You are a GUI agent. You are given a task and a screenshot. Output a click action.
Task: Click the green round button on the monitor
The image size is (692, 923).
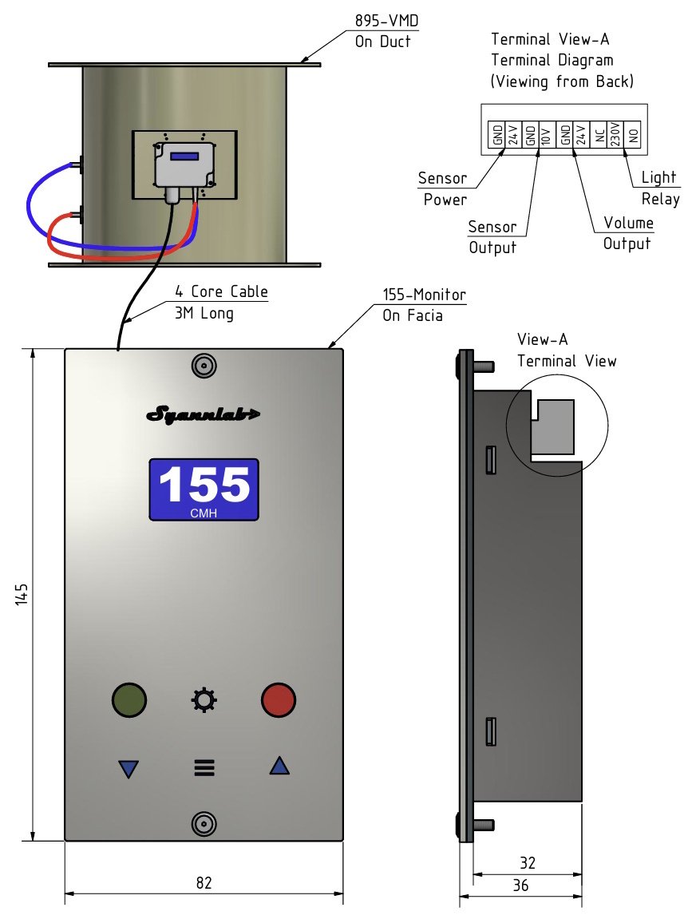129,699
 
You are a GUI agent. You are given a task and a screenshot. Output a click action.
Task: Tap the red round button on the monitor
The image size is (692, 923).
279,699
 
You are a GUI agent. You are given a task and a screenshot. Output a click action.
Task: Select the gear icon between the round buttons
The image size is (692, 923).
204,700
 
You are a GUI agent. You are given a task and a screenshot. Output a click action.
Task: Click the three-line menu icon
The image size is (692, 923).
204,768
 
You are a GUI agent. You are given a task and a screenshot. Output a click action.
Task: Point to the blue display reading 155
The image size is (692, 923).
204,489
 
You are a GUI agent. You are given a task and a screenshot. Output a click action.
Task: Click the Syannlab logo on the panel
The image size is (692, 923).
204,414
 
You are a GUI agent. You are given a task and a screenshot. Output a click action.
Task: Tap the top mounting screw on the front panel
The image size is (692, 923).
204,366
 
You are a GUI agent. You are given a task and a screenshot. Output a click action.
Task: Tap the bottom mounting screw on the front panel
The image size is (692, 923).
204,823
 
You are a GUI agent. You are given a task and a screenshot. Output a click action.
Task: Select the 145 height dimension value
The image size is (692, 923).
22,595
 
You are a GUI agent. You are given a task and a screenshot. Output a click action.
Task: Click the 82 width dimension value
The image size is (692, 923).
204,882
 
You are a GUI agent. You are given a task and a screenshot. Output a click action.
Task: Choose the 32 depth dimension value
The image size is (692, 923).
527,863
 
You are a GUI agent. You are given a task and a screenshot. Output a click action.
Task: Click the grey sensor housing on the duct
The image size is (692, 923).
183,163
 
